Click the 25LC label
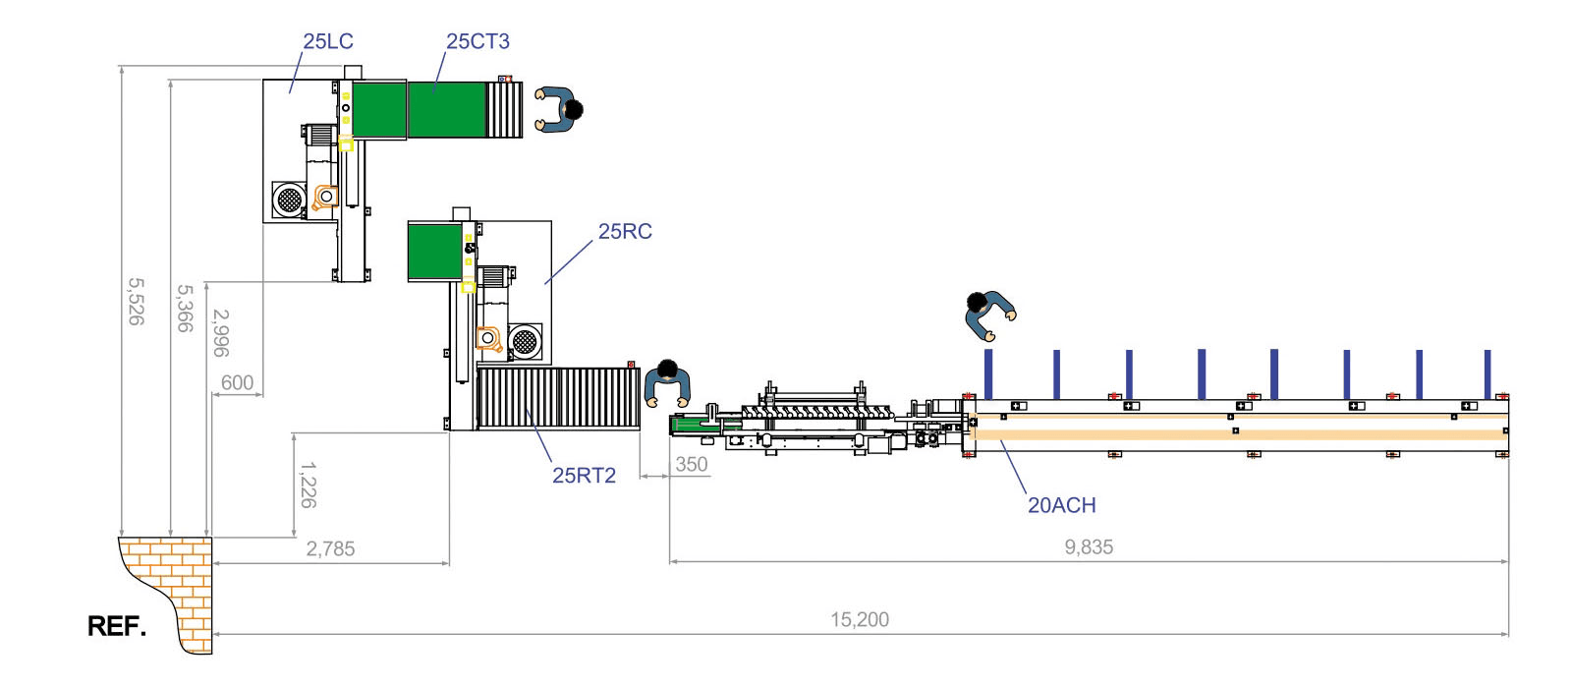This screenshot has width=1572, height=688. pyautogui.click(x=328, y=41)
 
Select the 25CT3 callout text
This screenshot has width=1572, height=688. pyautogui.click(x=477, y=41)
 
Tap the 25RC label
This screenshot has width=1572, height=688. pyautogui.click(x=625, y=232)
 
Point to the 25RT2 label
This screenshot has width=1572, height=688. pyautogui.click(x=584, y=476)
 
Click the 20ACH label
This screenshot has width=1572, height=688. pyautogui.click(x=1062, y=505)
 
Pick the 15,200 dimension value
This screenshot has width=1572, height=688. pyautogui.click(x=860, y=620)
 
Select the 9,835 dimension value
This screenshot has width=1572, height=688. pyautogui.click(x=1089, y=547)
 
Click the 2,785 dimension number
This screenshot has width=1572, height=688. pyautogui.click(x=330, y=549)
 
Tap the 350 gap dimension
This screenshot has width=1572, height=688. pyautogui.click(x=692, y=465)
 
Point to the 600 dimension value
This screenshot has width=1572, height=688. pyautogui.click(x=237, y=383)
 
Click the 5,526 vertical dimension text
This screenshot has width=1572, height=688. pyautogui.click(x=137, y=302)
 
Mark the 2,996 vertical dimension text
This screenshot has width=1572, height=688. pyautogui.click(x=221, y=333)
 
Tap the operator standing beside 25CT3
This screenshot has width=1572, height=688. pyautogui.click(x=559, y=110)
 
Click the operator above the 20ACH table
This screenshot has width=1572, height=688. pyautogui.click(x=989, y=315)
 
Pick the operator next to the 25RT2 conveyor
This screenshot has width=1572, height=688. pyautogui.click(x=667, y=383)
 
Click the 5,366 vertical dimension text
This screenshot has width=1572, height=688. pyautogui.click(x=185, y=309)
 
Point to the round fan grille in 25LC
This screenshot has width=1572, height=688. pyautogui.click(x=289, y=201)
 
